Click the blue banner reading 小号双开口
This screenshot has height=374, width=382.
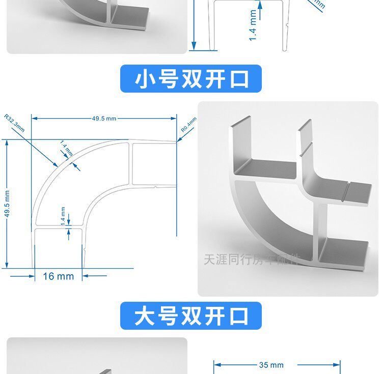(190, 79)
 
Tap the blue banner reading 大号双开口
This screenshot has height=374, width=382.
(190, 315)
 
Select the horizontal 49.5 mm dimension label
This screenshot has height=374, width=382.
(104, 119)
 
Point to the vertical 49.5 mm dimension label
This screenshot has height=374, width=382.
(7, 204)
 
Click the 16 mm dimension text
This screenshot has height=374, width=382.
(58, 276)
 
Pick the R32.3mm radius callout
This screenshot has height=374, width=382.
(14, 123)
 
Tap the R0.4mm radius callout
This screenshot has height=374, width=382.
(188, 125)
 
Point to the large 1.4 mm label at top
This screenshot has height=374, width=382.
(253, 25)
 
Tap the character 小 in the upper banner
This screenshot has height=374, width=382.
(145, 79)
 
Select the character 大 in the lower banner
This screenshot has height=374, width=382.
(145, 316)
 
